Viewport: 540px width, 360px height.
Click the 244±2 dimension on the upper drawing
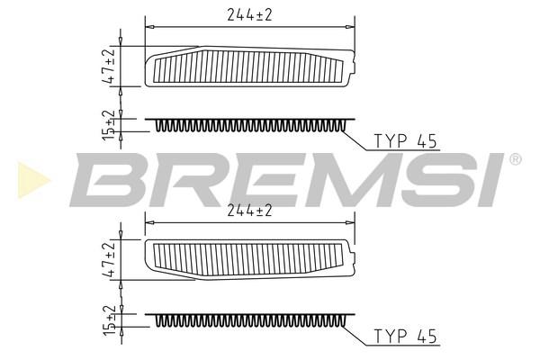click(249, 14)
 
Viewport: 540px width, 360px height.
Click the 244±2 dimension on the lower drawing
click(249, 210)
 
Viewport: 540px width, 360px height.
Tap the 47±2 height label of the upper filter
click(108, 66)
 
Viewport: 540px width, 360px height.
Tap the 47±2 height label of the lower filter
click(108, 259)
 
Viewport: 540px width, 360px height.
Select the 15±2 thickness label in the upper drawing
click(109, 125)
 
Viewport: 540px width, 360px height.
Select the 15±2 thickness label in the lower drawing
click(109, 319)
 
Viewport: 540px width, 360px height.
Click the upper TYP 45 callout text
click(405, 141)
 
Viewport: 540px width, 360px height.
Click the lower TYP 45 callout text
click(405, 337)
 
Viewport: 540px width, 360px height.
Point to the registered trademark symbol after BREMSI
click(515, 159)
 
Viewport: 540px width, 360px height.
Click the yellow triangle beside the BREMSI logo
click(31, 180)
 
